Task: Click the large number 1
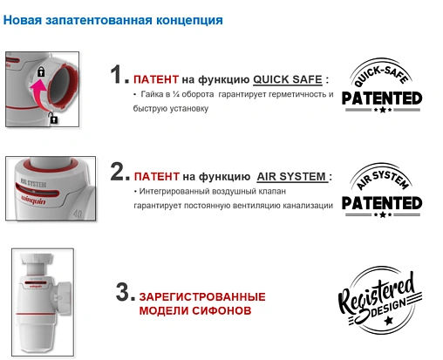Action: click(x=119, y=76)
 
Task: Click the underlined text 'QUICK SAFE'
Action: click(x=287, y=78)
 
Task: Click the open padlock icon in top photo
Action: click(x=54, y=117)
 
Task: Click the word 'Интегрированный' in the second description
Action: click(x=176, y=190)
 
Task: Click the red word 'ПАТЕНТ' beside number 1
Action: click(x=155, y=78)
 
